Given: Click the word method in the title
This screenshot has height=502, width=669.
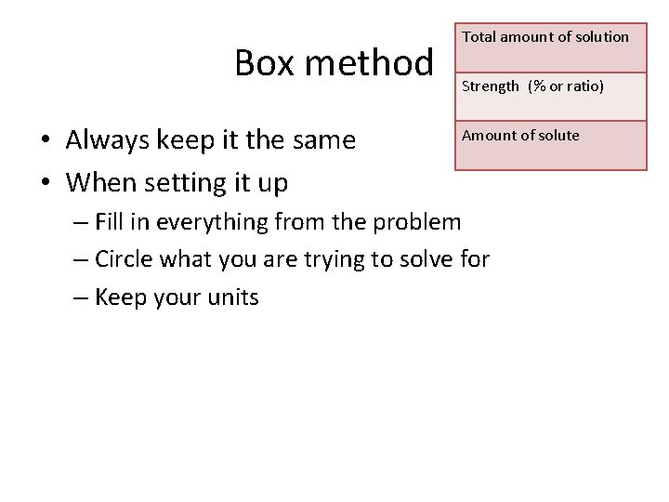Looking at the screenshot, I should pyautogui.click(x=369, y=63).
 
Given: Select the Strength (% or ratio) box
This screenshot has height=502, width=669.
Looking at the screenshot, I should pyautogui.click(x=550, y=97).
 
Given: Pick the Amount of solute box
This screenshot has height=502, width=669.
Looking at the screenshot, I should pyautogui.click(x=550, y=146).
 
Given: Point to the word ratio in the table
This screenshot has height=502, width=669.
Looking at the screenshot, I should pyautogui.click(x=583, y=86).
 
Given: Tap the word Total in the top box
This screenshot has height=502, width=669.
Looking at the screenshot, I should pyautogui.click(x=479, y=37).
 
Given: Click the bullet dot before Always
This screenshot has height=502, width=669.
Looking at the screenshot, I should pyautogui.click(x=45, y=141).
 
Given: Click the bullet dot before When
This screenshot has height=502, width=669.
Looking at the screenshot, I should pyautogui.click(x=45, y=184).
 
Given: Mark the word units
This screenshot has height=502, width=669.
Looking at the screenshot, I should pyautogui.click(x=234, y=298).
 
